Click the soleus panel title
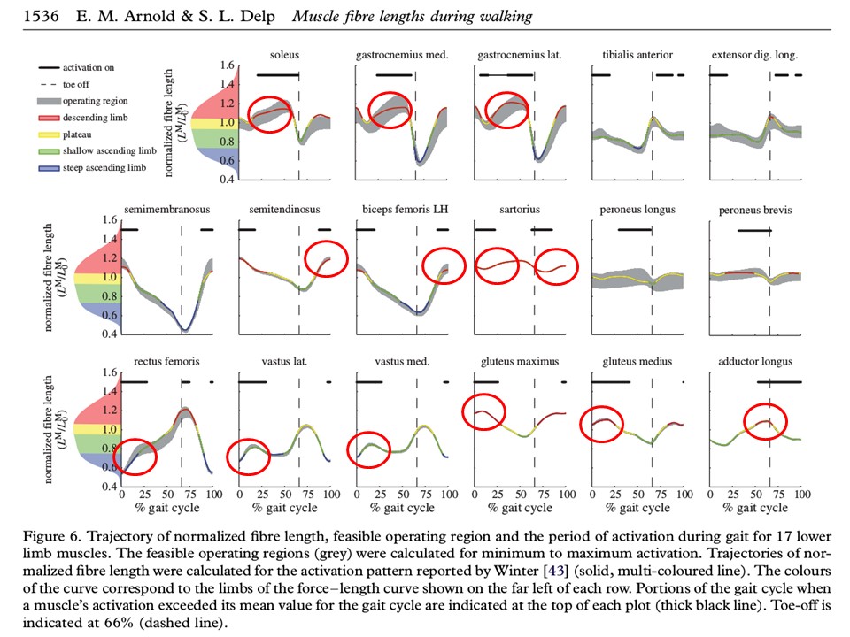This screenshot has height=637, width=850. [x=284, y=56]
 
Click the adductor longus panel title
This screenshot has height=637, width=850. [x=754, y=362]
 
